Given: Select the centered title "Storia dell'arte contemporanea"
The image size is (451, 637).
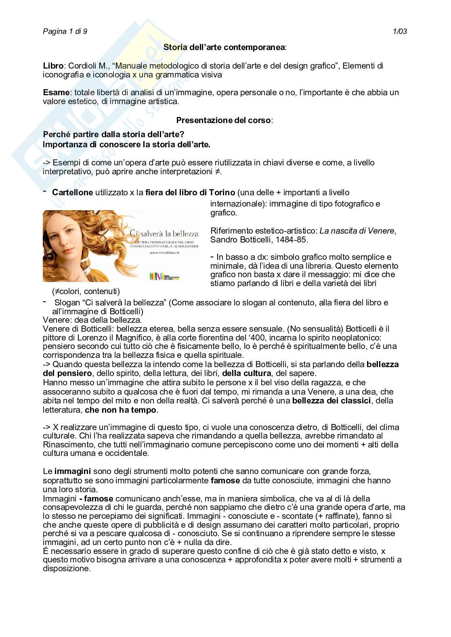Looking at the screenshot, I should click(x=224, y=47).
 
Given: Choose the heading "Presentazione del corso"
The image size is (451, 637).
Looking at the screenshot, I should click(x=224, y=120).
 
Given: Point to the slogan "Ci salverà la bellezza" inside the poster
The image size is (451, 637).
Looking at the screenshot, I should click(x=164, y=234).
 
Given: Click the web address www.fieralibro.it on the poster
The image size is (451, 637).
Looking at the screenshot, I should click(x=164, y=253).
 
